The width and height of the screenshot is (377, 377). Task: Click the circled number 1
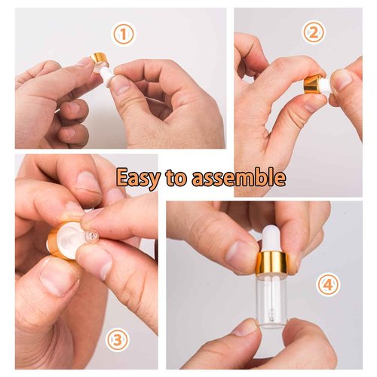123,33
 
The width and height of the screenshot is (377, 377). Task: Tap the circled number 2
314,32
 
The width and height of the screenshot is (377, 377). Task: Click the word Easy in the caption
142,178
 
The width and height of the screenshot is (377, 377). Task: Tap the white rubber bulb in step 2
325,84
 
